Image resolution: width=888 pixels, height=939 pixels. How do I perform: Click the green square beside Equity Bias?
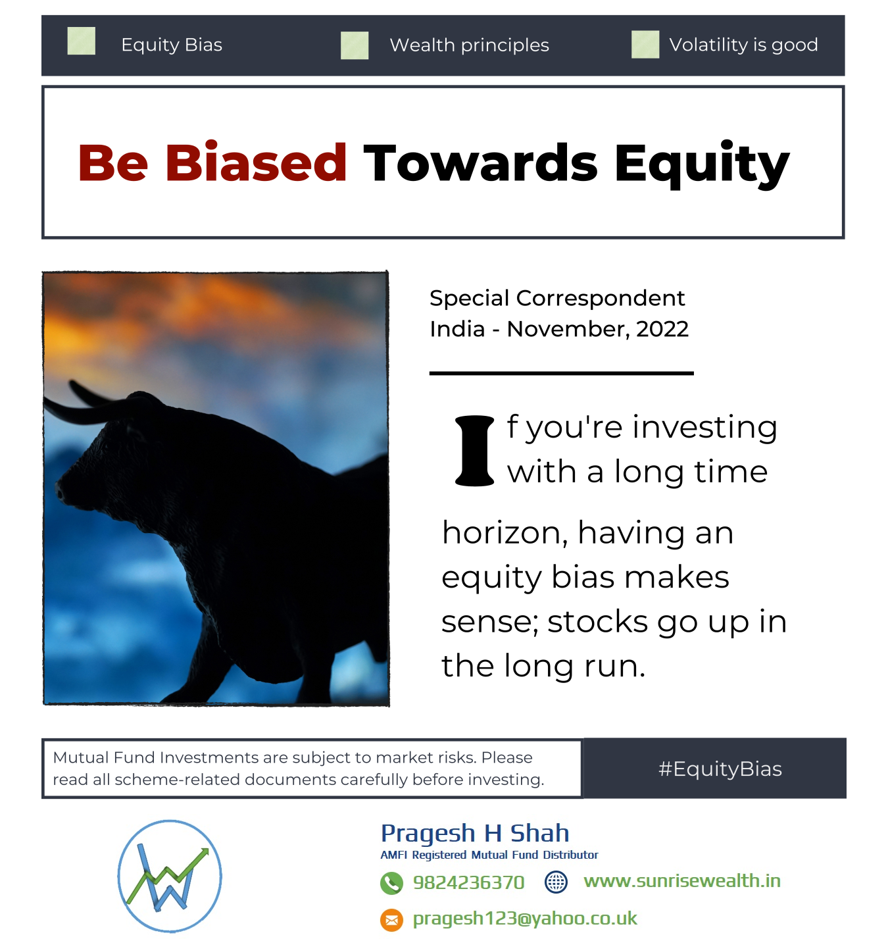click(81, 41)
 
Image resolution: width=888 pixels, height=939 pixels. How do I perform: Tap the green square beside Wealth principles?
click(355, 45)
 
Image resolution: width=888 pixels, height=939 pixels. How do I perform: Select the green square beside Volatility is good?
click(645, 45)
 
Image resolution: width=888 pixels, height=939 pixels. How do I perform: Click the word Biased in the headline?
click(256, 163)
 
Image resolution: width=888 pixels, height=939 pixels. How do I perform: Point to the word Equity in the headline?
click(702, 165)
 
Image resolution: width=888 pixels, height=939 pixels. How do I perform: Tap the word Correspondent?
click(600, 299)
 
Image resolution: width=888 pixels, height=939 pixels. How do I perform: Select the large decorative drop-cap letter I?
click(474, 451)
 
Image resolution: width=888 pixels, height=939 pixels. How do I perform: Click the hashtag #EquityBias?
click(720, 769)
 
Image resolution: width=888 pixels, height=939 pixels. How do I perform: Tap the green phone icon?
click(391, 883)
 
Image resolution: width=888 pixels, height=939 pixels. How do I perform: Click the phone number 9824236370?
click(468, 882)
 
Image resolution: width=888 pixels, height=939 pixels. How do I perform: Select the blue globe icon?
click(556, 882)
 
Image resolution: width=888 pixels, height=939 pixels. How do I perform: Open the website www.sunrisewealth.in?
click(681, 881)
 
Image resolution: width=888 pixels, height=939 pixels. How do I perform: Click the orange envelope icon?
click(391, 920)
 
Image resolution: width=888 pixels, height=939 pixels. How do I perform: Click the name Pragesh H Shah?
click(475, 834)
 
